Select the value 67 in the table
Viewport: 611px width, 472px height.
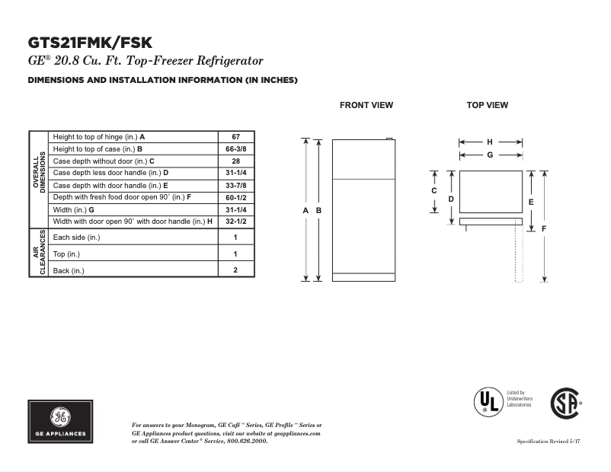tap(235, 136)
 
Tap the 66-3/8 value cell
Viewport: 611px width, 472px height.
tap(235, 148)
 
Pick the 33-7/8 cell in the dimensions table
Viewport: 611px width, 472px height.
tap(235, 185)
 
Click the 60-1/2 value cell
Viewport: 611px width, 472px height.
tap(235, 197)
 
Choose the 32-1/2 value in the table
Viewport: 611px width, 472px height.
tap(235, 222)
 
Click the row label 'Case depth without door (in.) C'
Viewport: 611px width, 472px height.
tap(104, 161)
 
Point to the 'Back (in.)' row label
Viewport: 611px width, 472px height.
tap(69, 270)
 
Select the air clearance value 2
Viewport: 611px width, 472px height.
tap(235, 270)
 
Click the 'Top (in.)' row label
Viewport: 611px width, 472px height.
tap(66, 254)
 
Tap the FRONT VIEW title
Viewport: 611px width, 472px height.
tap(366, 105)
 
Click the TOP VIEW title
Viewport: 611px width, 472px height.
tap(487, 105)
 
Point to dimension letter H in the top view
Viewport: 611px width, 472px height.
tap(490, 142)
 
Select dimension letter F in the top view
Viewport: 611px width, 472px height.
tap(544, 228)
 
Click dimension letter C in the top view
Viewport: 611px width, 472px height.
tap(434, 191)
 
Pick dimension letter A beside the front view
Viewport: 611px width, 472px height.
tap(305, 210)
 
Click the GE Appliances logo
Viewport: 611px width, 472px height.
tap(60, 422)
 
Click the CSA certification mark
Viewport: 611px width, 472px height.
tap(565, 404)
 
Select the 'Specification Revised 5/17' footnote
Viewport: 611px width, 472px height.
tap(549, 442)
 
